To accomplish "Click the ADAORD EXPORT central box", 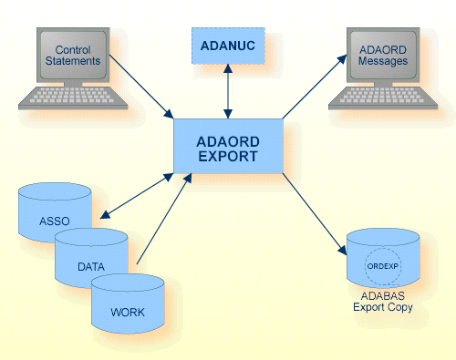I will point(228,147).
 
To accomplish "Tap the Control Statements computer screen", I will point(74,55).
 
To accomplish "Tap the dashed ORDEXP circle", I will point(383,266).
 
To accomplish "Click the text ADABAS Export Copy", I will point(383,302).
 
